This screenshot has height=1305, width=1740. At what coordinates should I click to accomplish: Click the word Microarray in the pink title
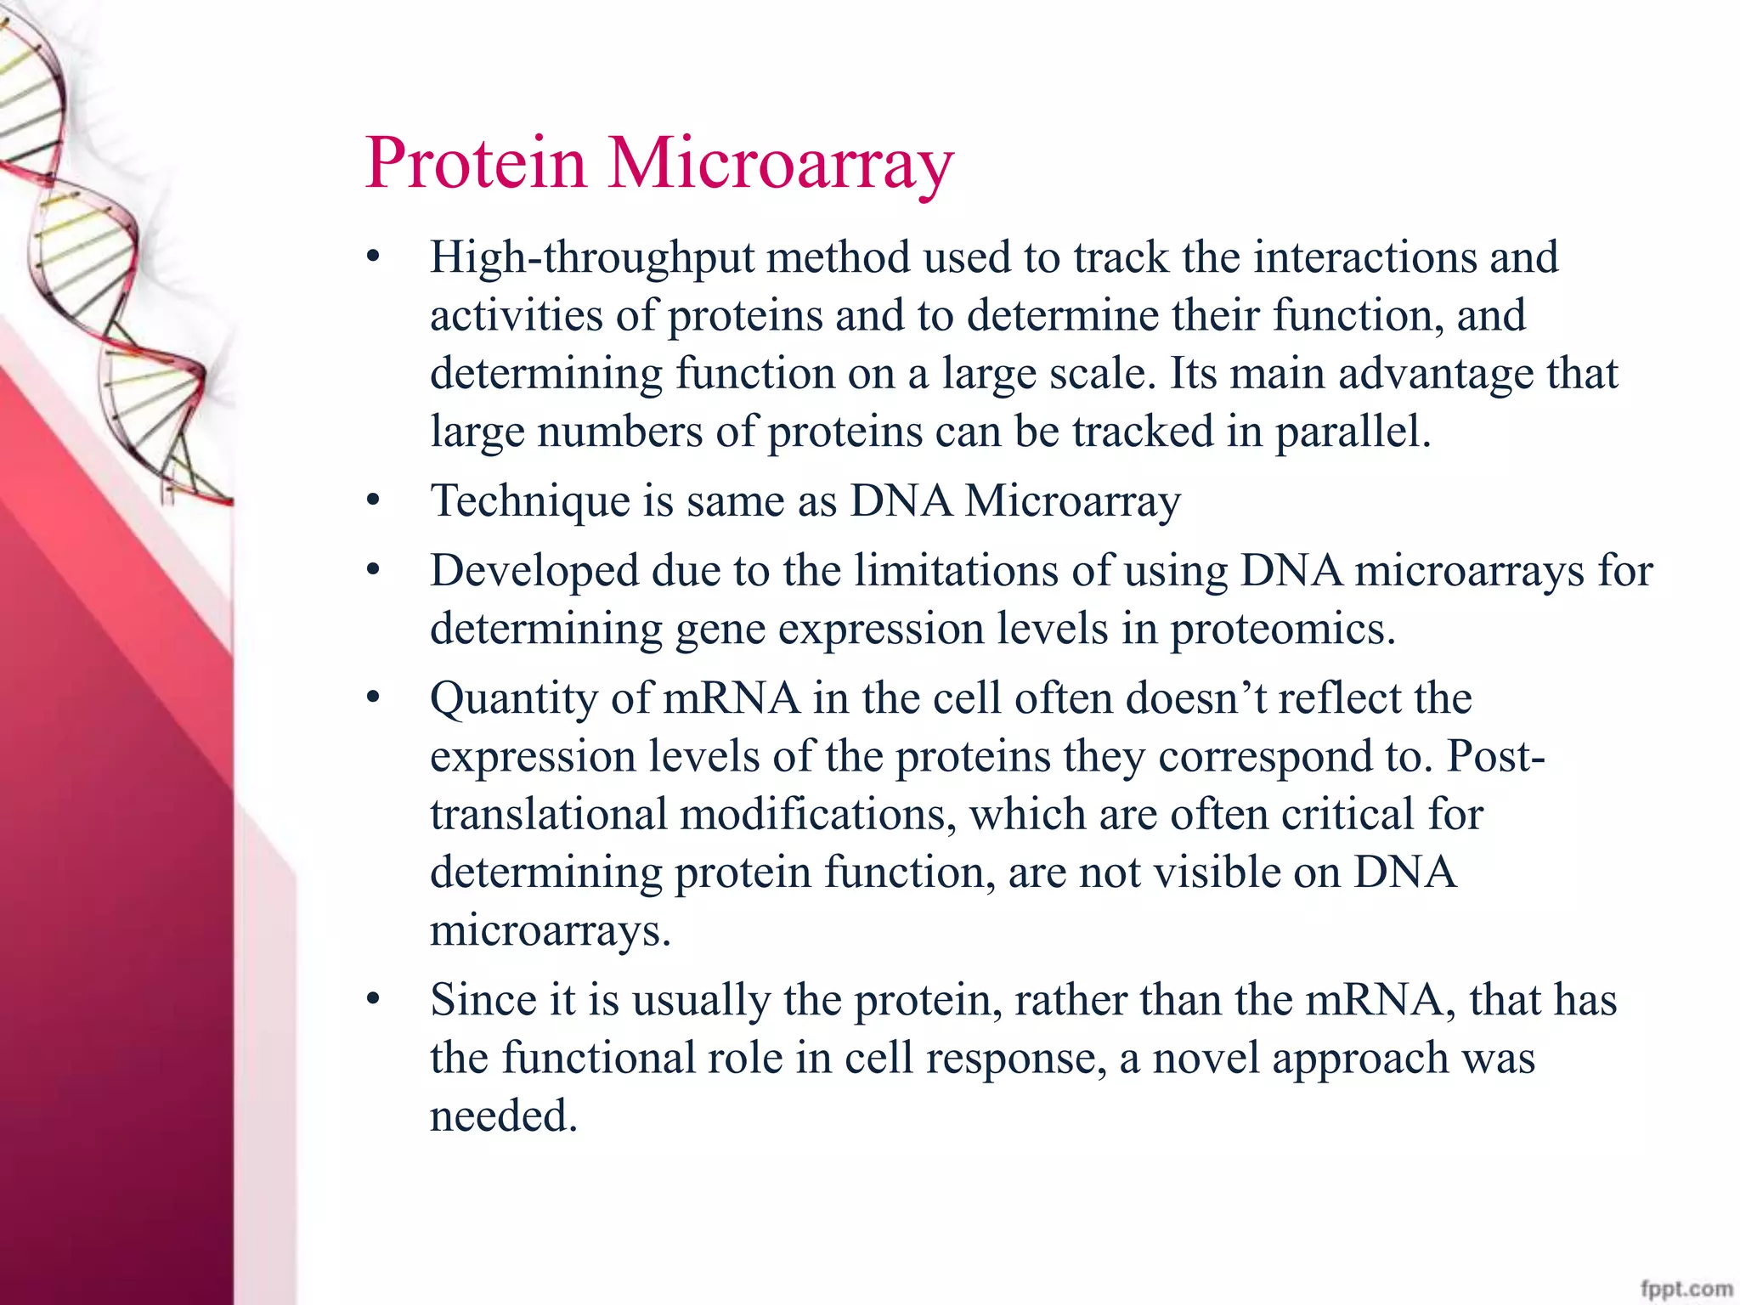coord(781,164)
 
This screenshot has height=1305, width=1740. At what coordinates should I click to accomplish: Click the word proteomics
coord(1281,630)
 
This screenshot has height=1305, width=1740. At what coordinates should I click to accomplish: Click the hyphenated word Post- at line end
coord(1496,756)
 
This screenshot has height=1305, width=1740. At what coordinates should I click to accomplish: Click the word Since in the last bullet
coord(483,1000)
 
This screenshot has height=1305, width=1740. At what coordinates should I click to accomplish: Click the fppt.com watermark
coord(1686,1289)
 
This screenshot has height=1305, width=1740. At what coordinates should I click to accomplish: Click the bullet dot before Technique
coord(373,501)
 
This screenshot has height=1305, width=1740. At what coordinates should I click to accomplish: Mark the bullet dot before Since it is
coord(373,1001)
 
